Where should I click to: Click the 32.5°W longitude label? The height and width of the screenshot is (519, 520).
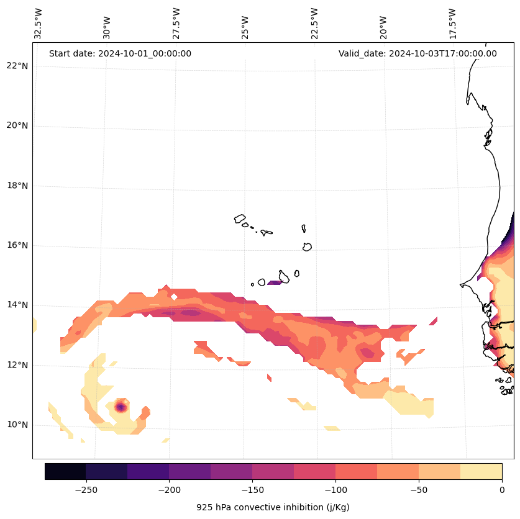(x=39, y=24)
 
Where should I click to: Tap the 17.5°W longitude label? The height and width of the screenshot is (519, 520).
(x=452, y=24)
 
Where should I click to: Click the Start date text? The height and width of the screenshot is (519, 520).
(x=120, y=53)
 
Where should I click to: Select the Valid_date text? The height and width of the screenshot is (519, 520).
(x=417, y=53)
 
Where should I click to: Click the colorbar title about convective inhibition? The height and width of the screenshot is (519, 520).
(x=273, y=507)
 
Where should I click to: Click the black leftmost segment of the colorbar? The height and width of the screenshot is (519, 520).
(x=65, y=471)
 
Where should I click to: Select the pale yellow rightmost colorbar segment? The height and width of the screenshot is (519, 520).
(x=481, y=471)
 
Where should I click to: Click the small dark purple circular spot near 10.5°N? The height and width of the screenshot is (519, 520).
(x=121, y=407)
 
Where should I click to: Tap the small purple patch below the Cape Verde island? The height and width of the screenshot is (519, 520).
(x=274, y=282)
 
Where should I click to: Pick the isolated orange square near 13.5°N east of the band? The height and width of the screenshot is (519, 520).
(x=433, y=321)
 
